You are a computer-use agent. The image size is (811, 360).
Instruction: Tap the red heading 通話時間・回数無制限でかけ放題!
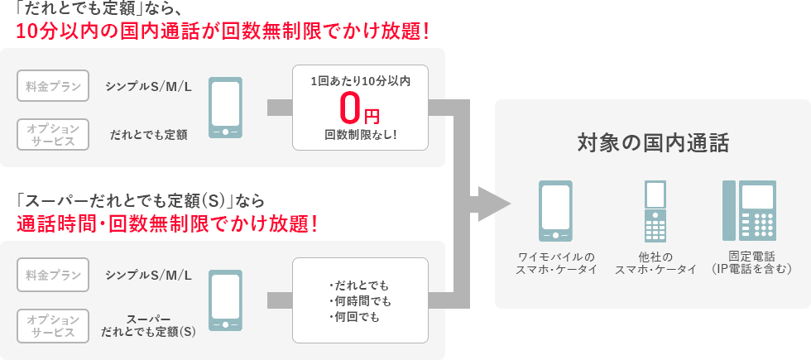click(x=166, y=223)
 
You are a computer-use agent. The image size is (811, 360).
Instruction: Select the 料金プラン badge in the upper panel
click(x=53, y=86)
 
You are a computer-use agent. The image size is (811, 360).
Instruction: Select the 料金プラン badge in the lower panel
click(x=53, y=275)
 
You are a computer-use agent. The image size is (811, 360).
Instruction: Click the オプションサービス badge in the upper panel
click(x=53, y=134)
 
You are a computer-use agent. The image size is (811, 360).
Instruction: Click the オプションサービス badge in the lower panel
click(x=53, y=325)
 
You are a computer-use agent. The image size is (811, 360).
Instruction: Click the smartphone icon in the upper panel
click(x=225, y=108)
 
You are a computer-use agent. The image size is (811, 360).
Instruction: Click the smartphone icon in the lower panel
click(x=225, y=300)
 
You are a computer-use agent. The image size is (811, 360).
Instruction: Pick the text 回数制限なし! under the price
click(x=360, y=134)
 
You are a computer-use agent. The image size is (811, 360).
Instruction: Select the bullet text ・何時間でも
click(x=360, y=300)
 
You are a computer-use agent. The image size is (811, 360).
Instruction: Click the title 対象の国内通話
click(x=653, y=143)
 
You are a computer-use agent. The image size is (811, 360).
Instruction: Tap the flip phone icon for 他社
click(x=655, y=210)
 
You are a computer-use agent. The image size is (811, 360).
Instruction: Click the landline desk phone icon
click(x=751, y=210)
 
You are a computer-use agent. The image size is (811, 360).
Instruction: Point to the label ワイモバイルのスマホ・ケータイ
click(x=556, y=263)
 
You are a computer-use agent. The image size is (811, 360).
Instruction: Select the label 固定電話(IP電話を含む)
click(x=751, y=263)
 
